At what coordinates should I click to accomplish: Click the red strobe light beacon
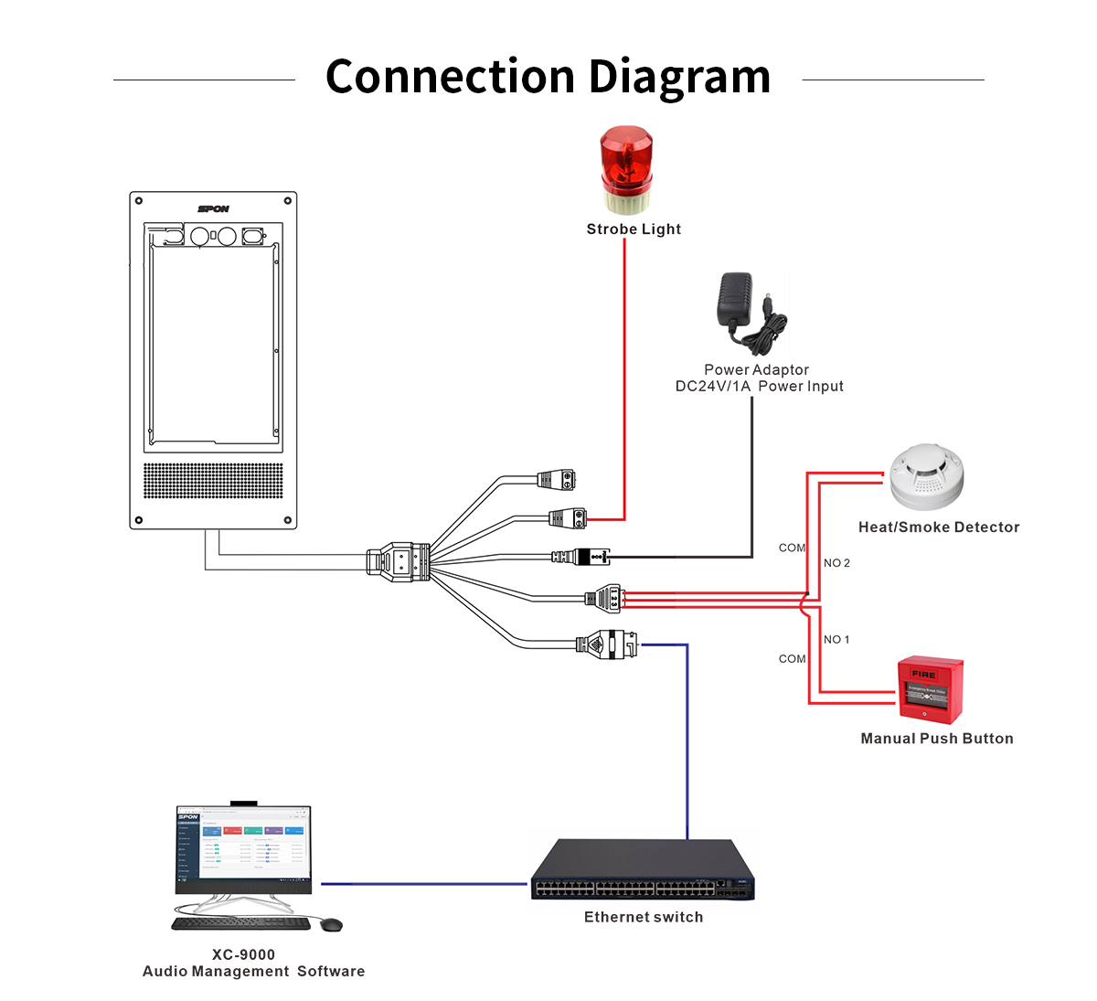pos(626,170)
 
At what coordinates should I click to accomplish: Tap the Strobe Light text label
pos(634,229)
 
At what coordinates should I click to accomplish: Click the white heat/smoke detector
pos(926,476)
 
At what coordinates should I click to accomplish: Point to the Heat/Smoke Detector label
pos(939,527)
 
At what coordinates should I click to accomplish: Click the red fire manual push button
pos(930,689)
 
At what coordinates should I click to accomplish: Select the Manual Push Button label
pos(937,739)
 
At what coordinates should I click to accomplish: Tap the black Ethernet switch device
pos(644,872)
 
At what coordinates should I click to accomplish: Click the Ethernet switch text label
pos(644,917)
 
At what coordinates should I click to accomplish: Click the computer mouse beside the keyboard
pos(332,925)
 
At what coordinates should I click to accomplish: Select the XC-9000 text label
pos(243,954)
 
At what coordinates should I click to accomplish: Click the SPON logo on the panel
pos(214,209)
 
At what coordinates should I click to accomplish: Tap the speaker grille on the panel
pos(213,480)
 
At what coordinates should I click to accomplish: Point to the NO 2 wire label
pos(836,563)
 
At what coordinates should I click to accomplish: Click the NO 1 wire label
pos(836,640)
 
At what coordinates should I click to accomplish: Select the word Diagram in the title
pos(679,77)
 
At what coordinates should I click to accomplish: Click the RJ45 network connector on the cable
pos(608,644)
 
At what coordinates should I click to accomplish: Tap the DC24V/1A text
pos(713,387)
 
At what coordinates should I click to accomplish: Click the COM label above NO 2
pos(792,548)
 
